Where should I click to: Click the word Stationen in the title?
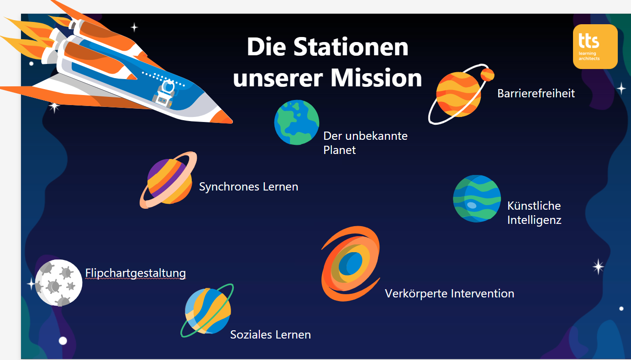pyautogui.click(x=351, y=47)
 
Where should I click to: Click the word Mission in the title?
pyautogui.click(x=376, y=78)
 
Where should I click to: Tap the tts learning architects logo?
pyautogui.click(x=595, y=47)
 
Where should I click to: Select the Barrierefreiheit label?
pyautogui.click(x=536, y=93)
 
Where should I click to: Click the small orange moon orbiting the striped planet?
pyautogui.click(x=487, y=75)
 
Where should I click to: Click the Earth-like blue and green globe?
pyautogui.click(x=297, y=122)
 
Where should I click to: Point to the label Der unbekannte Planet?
pyautogui.click(x=365, y=143)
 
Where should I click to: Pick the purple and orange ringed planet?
pyautogui.click(x=168, y=180)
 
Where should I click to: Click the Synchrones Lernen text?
pyautogui.click(x=248, y=187)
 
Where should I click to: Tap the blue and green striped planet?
pyautogui.click(x=477, y=199)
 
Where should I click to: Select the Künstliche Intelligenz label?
pyautogui.click(x=534, y=213)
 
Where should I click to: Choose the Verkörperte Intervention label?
pyautogui.click(x=449, y=293)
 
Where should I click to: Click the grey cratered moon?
pyautogui.click(x=58, y=283)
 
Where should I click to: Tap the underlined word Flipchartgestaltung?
pyautogui.click(x=136, y=273)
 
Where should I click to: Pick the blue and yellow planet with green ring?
pyautogui.click(x=207, y=310)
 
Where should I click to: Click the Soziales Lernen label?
pyautogui.click(x=270, y=334)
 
